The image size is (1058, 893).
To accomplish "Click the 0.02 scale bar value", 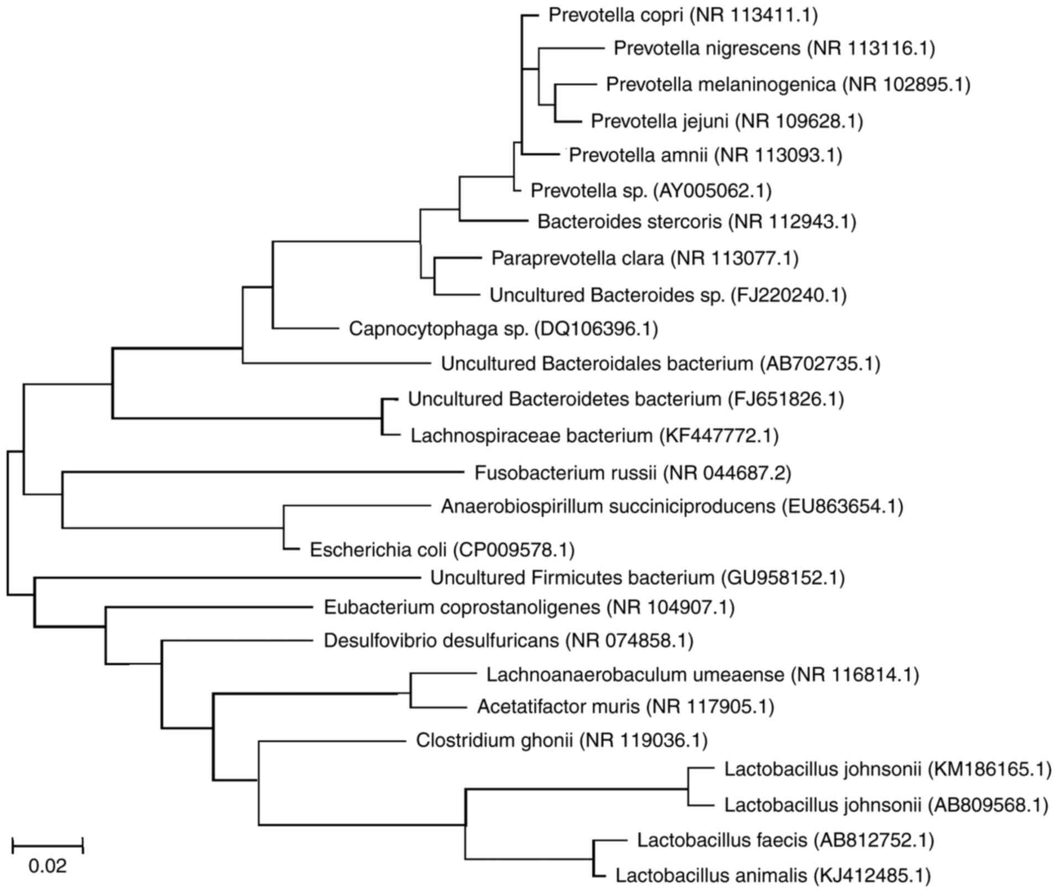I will click(48, 866).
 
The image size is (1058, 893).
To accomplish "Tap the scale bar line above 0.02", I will click(48, 845).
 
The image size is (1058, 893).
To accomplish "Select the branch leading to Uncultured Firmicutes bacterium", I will click(227, 578).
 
